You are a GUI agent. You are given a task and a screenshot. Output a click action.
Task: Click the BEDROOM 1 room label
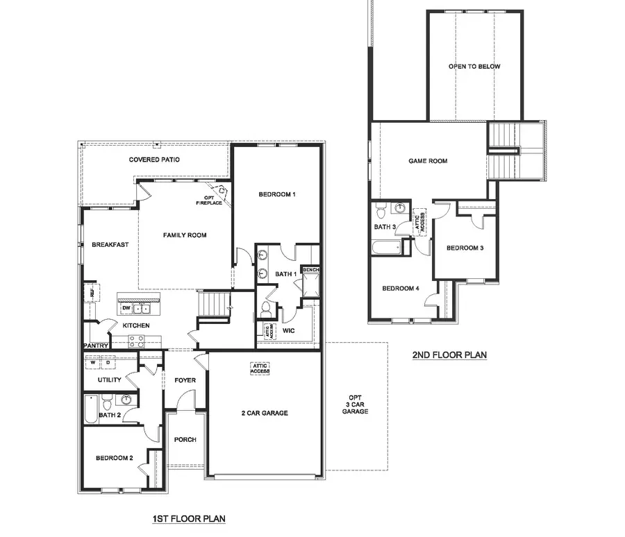(277, 194)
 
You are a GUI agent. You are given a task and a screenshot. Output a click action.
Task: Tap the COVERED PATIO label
(154, 160)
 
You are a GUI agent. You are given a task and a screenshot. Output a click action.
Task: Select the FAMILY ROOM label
(185, 235)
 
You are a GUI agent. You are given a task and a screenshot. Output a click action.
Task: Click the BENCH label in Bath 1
(310, 269)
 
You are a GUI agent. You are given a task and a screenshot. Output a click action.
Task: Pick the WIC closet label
(289, 330)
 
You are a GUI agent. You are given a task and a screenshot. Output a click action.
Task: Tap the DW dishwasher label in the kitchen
(126, 308)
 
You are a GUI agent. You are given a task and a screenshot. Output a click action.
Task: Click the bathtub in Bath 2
(90, 409)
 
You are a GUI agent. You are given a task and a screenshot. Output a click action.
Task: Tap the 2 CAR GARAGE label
(265, 413)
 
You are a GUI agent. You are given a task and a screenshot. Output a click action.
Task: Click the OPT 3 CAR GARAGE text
(355, 404)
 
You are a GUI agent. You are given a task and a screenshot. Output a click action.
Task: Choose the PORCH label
(185, 440)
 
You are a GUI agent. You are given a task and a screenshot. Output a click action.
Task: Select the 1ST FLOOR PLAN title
(189, 518)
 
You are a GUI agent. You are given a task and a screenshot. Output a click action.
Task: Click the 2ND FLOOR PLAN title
(449, 355)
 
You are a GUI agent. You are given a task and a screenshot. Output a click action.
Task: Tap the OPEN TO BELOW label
(474, 67)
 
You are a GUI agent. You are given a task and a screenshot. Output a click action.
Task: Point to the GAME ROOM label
(428, 161)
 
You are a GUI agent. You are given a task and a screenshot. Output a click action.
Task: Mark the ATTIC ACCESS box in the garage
(260, 368)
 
